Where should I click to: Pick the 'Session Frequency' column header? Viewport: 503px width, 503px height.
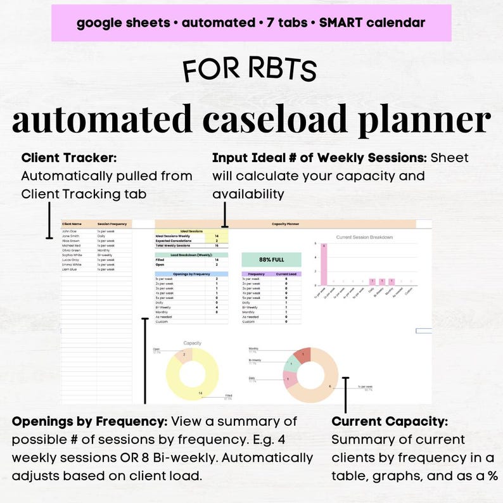[113, 224]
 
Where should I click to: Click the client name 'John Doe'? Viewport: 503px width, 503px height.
[68, 232]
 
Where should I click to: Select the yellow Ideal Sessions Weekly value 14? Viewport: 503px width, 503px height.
[217, 236]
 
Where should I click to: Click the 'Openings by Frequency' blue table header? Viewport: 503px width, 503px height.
[191, 273]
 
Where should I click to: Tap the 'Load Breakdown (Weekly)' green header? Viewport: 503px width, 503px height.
[191, 255]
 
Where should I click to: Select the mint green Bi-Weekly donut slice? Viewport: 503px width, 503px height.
[292, 364]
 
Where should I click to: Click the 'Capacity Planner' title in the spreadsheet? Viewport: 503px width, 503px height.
[285, 224]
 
